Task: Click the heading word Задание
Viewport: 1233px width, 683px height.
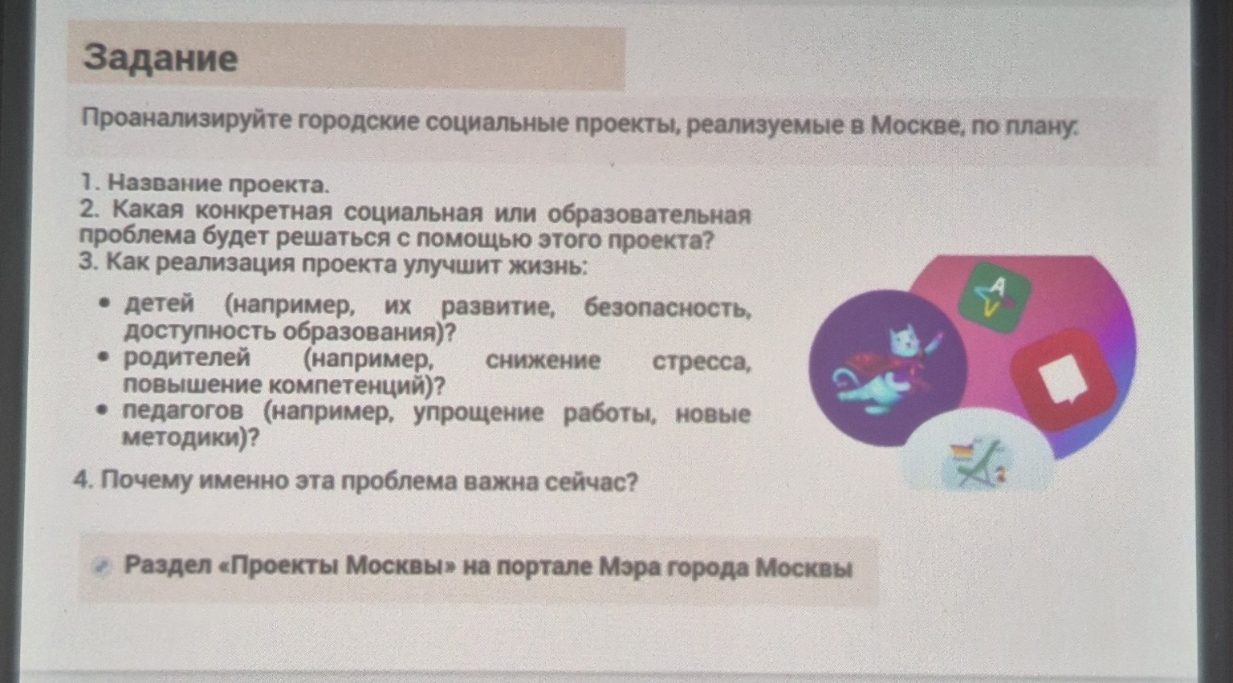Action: [161, 59]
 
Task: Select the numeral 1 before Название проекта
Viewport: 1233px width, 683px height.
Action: [86, 184]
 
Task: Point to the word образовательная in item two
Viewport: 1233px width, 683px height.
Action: [649, 214]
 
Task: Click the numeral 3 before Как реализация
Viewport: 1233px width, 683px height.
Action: [87, 262]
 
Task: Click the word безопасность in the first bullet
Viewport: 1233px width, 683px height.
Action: [667, 307]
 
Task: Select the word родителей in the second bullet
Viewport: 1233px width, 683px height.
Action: [186, 358]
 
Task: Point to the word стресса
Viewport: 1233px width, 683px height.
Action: [702, 362]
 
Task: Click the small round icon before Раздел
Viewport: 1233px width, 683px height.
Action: [100, 566]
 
